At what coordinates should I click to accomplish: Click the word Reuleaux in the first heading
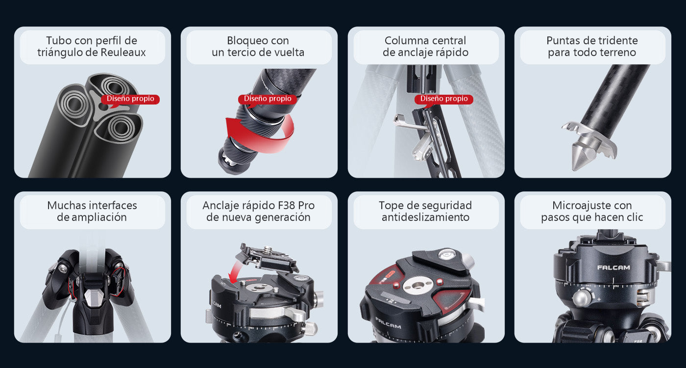click(123, 53)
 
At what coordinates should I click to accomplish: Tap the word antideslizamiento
click(425, 217)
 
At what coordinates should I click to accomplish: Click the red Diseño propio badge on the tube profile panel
click(130, 99)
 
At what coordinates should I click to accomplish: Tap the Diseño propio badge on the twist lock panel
click(268, 99)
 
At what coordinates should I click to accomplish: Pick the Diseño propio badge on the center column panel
click(444, 99)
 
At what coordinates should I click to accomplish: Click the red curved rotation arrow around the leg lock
click(260, 141)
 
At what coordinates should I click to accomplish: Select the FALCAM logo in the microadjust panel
click(613, 267)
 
